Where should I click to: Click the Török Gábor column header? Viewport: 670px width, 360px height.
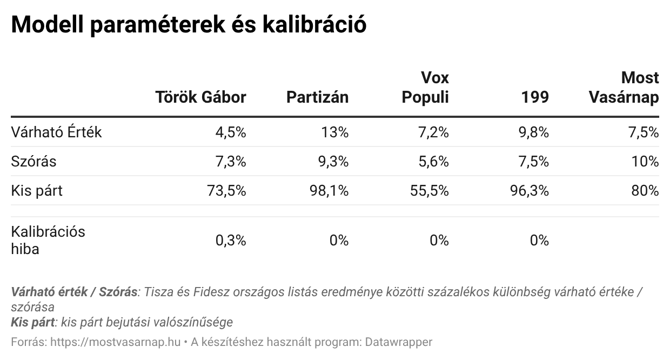(x=200, y=97)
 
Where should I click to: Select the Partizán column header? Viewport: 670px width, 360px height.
(x=317, y=97)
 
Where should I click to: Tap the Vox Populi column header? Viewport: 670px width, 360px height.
(x=425, y=88)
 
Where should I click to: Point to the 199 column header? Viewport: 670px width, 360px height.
(x=535, y=97)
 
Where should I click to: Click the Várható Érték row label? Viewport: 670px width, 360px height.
(x=56, y=132)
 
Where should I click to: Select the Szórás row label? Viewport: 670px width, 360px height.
(x=33, y=162)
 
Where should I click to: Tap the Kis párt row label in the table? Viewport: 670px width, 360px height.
(x=37, y=191)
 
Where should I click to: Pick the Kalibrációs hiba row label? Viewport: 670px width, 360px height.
(x=48, y=241)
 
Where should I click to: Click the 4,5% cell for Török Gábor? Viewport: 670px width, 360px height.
(x=231, y=132)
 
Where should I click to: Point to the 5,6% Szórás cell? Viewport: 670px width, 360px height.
(x=433, y=162)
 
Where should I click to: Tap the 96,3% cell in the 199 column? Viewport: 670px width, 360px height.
(x=529, y=191)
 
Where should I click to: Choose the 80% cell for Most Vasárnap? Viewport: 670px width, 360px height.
(x=646, y=191)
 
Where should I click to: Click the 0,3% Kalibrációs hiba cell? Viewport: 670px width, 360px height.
(x=231, y=241)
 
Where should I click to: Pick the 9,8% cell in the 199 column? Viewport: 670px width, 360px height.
(x=533, y=132)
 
